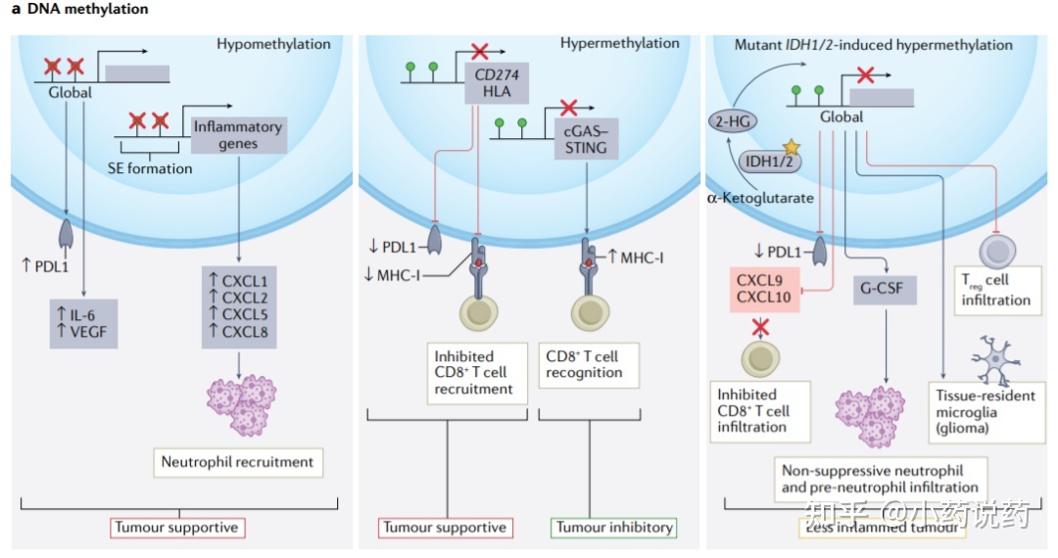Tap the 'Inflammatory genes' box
pyautogui.click(x=238, y=135)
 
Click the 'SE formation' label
pyautogui.click(x=149, y=168)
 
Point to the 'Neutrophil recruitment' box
pyautogui.click(x=237, y=462)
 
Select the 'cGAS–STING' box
pyautogui.click(x=586, y=139)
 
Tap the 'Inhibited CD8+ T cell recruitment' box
pyautogui.click(x=474, y=373)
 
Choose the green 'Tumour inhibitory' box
pyautogui.click(x=614, y=528)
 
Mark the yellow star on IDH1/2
pyautogui.click(x=790, y=148)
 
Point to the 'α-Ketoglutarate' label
pyautogui.click(x=762, y=199)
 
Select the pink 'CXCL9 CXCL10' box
pyautogui.click(x=764, y=289)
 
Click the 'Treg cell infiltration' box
pyautogui.click(x=996, y=292)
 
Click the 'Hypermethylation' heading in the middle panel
pyautogui.click(x=619, y=44)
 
